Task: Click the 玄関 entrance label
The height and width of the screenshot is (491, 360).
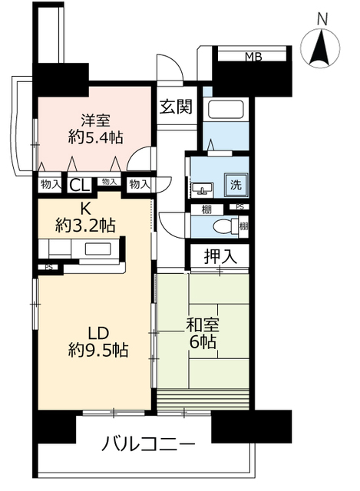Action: point(176,107)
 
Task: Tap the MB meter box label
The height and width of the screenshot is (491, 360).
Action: point(253,57)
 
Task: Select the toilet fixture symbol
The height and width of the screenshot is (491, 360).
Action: point(226,226)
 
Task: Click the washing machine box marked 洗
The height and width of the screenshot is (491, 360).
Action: point(236,185)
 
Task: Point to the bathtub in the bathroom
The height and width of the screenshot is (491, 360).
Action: point(226,110)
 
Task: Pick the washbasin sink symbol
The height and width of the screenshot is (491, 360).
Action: point(203,189)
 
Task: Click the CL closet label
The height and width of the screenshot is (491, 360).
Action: point(80,186)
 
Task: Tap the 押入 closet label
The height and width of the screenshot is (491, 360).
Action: point(220,257)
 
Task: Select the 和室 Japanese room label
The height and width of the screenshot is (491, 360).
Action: point(203,325)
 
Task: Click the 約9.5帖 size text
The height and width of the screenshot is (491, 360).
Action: point(98,350)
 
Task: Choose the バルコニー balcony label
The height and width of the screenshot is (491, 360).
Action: point(148,443)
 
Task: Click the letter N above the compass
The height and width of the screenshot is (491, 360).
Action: point(322,20)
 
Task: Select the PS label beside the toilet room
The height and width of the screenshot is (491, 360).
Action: point(239,206)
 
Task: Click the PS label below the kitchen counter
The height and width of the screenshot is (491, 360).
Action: point(48,267)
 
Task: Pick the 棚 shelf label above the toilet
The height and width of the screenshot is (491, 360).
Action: point(206,209)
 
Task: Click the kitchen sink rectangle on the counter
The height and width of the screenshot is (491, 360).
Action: point(97,249)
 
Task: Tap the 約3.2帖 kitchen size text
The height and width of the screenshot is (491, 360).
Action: point(85,225)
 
